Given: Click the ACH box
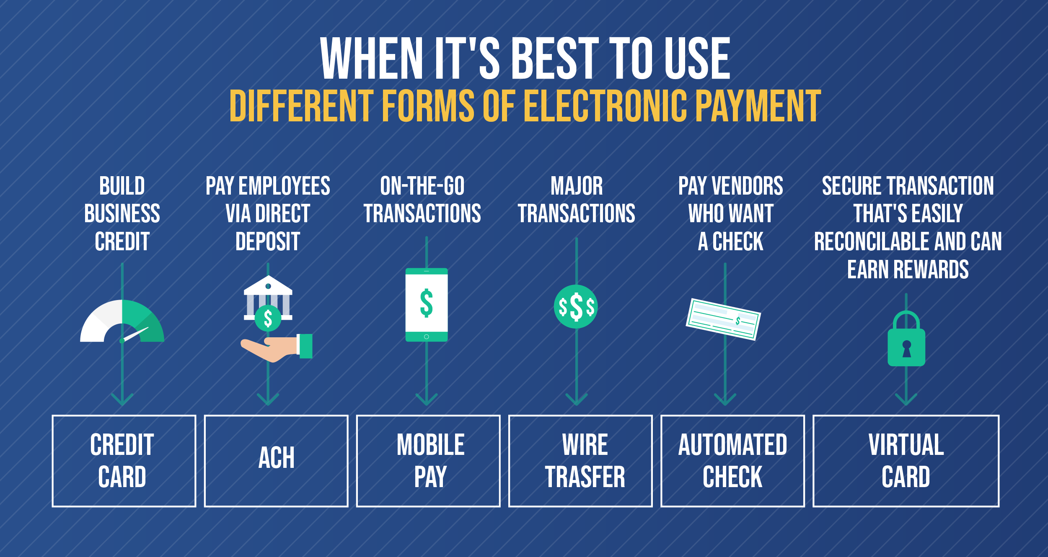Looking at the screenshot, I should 276,461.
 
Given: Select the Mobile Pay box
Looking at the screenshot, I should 428,461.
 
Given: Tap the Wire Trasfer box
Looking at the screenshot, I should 580,461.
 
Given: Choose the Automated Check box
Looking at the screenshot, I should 732,461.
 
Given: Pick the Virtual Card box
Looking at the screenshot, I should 906,461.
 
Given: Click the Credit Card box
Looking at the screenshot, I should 124,461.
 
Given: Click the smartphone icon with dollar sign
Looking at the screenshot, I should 427,305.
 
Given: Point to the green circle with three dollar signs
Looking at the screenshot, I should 576,307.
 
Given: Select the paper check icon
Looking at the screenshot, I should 723,319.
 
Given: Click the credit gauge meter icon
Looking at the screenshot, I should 122,322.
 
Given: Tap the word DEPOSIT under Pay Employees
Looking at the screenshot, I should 268,242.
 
